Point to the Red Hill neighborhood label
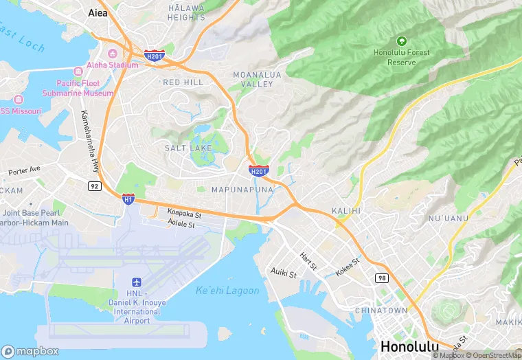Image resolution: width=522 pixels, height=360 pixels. click(x=183, y=82)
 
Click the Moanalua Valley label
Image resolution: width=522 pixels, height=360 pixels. click(x=253, y=79)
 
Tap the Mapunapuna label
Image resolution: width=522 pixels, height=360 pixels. click(x=238, y=189)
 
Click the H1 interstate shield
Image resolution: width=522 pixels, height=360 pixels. click(x=128, y=199)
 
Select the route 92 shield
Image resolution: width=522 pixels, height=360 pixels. click(x=95, y=185)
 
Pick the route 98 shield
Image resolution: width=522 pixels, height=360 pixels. click(x=381, y=278)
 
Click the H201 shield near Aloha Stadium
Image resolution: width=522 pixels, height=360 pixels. click(x=154, y=56)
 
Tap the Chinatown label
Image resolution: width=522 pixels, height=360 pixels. click(x=381, y=311)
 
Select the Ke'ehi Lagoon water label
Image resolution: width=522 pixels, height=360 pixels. click(x=227, y=291)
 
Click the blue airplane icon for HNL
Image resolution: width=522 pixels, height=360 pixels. click(x=136, y=283)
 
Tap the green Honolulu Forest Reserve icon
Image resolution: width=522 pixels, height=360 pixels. click(x=402, y=41)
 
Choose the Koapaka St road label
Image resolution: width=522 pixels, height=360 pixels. click(x=184, y=214)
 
